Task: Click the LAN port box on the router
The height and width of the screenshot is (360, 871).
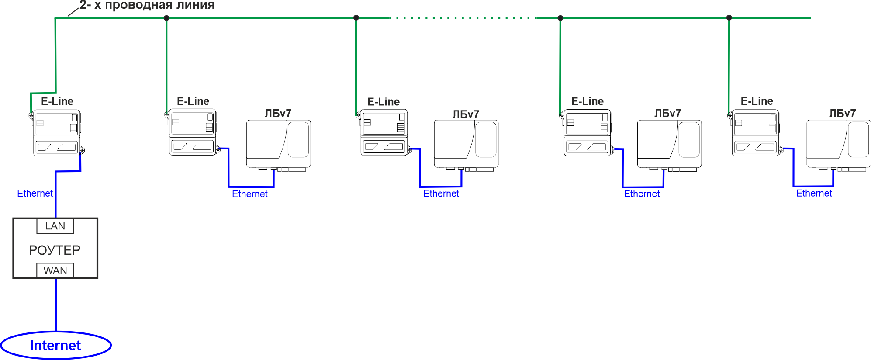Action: coord(55,226)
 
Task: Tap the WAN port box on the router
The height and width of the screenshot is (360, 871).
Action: coord(55,270)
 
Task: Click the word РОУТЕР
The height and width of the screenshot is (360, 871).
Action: coord(55,250)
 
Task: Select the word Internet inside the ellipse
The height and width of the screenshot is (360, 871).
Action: coord(55,345)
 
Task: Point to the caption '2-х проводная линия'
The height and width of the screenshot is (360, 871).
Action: coord(147,5)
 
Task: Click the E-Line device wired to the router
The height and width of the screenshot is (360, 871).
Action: coord(57,133)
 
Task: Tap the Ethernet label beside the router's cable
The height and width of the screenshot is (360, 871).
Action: coord(35,193)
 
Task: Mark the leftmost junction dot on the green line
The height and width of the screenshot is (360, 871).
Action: coord(166,18)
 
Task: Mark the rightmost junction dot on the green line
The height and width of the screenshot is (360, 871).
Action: coord(729,18)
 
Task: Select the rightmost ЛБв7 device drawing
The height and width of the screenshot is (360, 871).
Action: coord(839,145)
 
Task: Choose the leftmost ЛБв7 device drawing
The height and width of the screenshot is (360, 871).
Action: coord(279,145)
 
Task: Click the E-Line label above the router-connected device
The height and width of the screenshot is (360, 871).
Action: coord(57,101)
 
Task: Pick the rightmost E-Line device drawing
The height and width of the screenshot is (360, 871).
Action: coord(756,133)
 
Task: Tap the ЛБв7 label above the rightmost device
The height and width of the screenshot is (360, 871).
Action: coord(843,113)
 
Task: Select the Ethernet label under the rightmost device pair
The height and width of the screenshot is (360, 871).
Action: coord(814,193)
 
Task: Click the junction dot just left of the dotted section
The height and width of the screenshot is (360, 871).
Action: coord(356,18)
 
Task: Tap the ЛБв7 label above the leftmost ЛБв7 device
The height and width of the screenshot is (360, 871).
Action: coord(278,113)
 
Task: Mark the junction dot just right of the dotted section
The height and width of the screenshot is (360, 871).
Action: coord(560,18)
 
